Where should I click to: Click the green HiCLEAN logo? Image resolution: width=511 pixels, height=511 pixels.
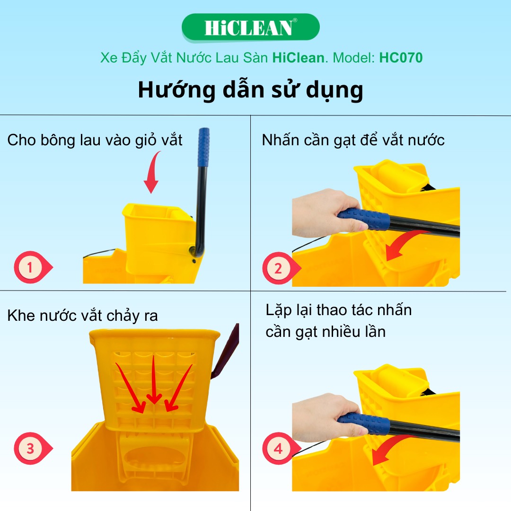pyautogui.click(x=251, y=28)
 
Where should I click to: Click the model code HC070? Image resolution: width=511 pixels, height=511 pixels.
pyautogui.click(x=401, y=58)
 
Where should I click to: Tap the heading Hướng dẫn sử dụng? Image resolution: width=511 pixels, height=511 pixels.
pyautogui.click(x=250, y=90)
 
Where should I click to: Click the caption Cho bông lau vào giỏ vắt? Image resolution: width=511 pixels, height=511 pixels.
pyautogui.click(x=95, y=140)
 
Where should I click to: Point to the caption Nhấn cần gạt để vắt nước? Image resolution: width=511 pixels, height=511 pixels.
pyautogui.click(x=353, y=140)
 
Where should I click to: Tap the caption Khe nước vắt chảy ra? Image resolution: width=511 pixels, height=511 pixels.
pyautogui.click(x=82, y=316)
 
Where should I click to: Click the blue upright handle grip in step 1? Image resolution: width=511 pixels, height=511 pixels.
pyautogui.click(x=203, y=147)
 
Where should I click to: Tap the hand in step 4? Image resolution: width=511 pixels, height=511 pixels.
pyautogui.click(x=326, y=417)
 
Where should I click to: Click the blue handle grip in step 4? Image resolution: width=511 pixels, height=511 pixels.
pyautogui.click(x=364, y=423)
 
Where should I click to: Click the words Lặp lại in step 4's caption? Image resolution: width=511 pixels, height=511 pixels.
pyautogui.click(x=290, y=310)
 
